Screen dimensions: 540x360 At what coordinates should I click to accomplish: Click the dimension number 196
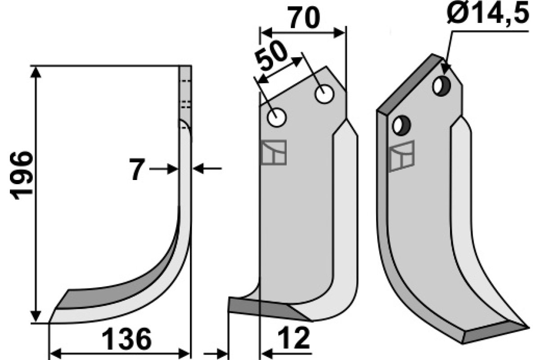(21, 175)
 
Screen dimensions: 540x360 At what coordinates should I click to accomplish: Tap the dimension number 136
(126, 339)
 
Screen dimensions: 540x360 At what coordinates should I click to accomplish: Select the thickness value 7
(138, 169)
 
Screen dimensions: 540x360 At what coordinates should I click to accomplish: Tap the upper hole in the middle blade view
(324, 94)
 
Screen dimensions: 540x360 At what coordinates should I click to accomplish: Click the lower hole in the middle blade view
(277, 117)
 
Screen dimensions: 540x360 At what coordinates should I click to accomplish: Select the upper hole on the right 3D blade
(441, 86)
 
